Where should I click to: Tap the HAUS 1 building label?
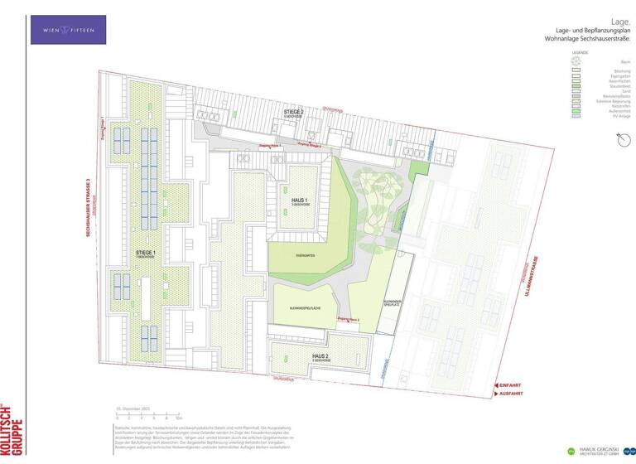point(300,201)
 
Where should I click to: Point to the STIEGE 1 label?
point(146,251)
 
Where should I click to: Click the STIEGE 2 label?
point(294,111)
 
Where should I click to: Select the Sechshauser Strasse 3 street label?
point(88,239)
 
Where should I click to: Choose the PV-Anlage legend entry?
point(597,117)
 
